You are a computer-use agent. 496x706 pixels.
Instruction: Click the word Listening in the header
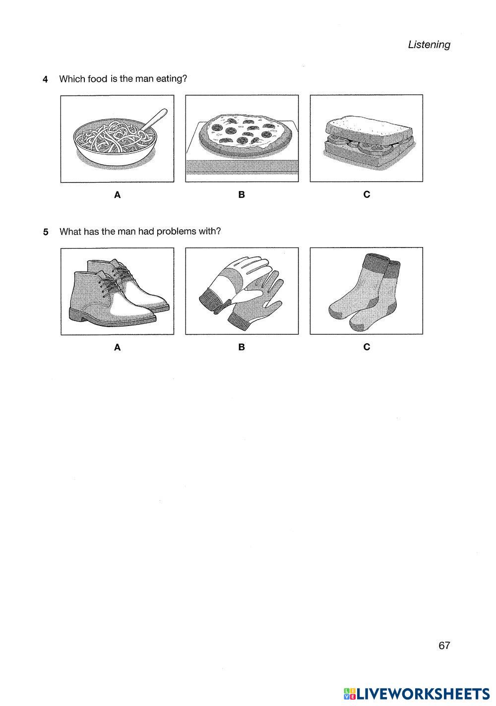(429, 45)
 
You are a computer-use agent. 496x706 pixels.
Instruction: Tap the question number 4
(46, 79)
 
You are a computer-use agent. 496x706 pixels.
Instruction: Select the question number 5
(46, 232)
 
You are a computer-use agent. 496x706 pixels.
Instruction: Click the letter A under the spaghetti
(118, 195)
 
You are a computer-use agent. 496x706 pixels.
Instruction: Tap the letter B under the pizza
(242, 195)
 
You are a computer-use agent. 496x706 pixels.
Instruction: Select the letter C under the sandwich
(367, 195)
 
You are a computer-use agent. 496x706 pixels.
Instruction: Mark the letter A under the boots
(118, 347)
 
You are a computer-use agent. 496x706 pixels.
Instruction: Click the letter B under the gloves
(242, 347)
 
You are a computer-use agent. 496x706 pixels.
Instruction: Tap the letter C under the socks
(367, 347)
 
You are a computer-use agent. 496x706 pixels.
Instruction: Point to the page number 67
(444, 645)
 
